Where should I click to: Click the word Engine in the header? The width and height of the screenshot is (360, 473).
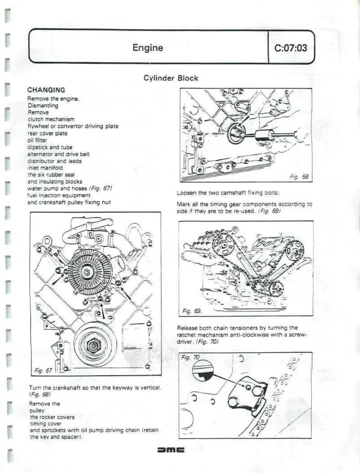click(x=148, y=48)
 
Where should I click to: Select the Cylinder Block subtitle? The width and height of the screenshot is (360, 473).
click(x=171, y=78)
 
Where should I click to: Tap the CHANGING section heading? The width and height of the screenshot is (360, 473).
click(x=46, y=90)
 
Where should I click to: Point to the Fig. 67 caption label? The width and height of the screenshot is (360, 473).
click(x=43, y=371)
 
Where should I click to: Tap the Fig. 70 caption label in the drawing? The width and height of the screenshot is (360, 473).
click(x=190, y=357)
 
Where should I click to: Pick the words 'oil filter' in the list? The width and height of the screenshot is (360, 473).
click(x=37, y=140)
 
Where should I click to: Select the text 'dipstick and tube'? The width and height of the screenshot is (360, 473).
click(x=50, y=147)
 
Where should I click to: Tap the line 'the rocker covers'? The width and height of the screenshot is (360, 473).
click(x=52, y=417)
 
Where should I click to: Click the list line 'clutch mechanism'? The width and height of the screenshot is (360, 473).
click(x=51, y=119)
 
